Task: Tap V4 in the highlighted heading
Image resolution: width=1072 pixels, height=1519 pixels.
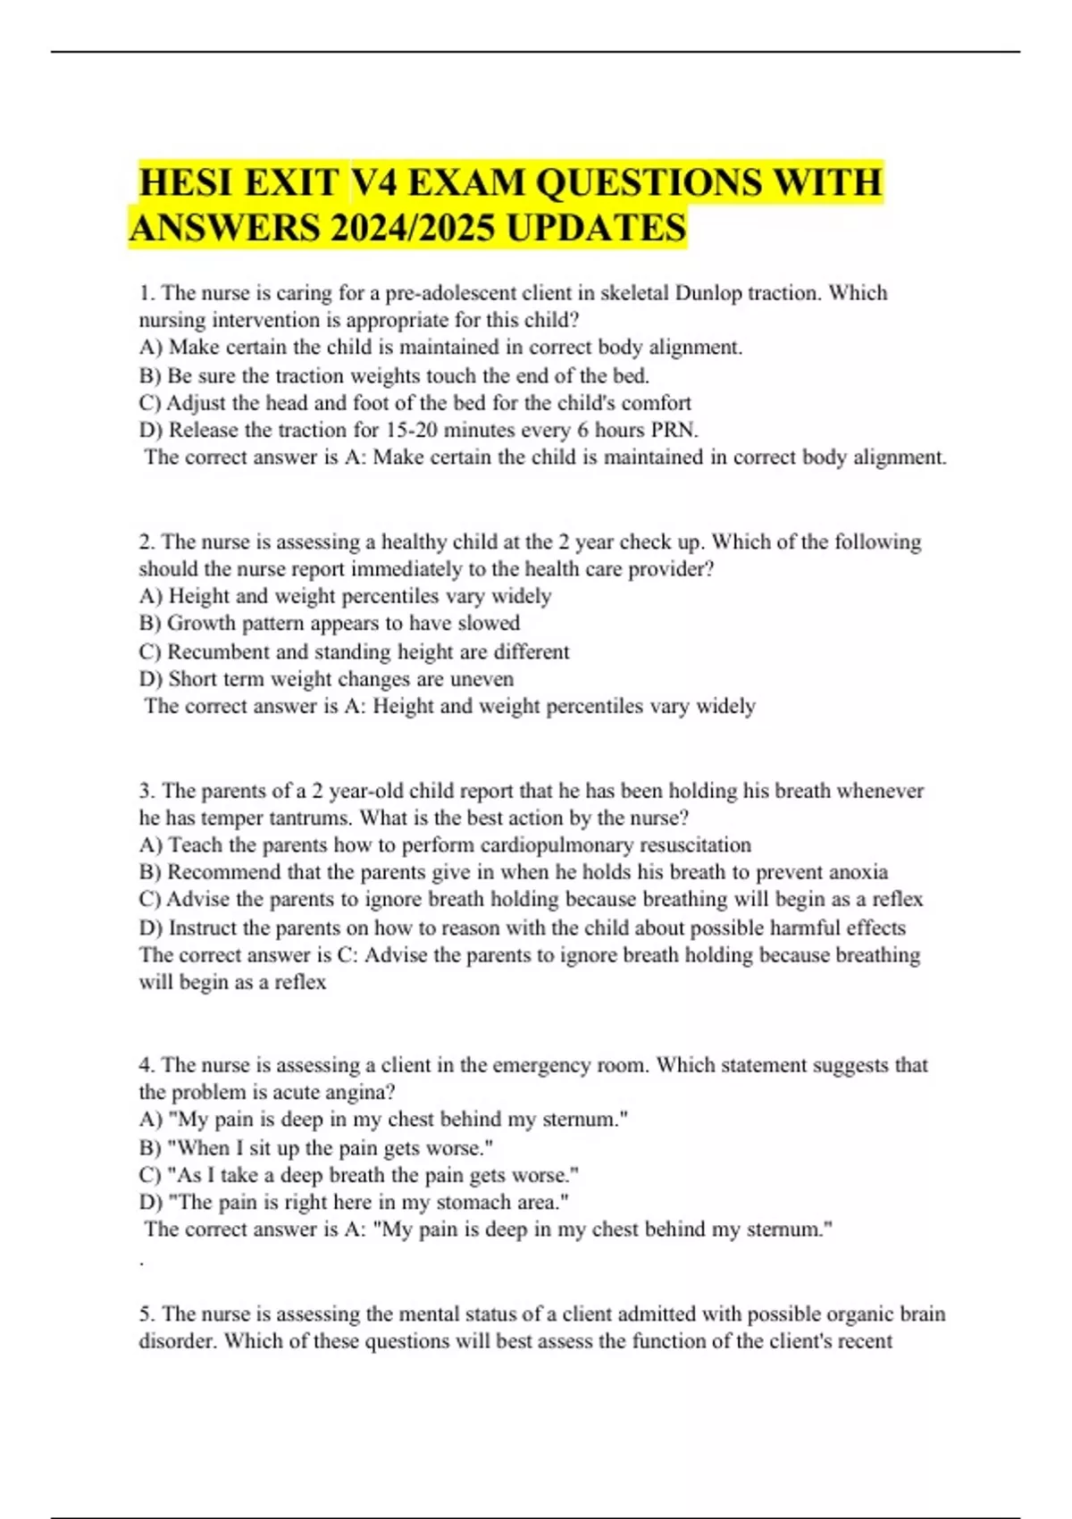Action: tap(374, 183)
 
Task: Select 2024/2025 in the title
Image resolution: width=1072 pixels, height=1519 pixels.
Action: tap(412, 228)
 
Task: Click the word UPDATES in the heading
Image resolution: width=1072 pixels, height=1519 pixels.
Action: tap(597, 228)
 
